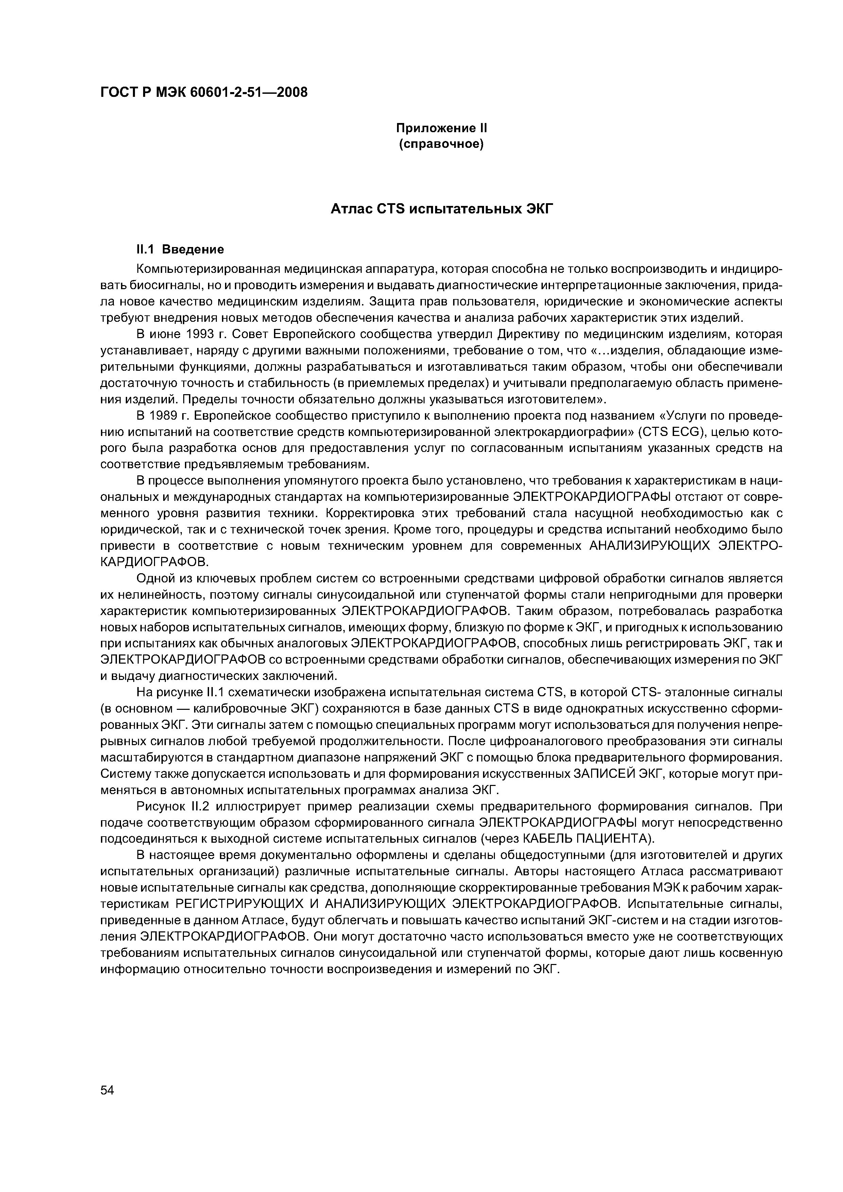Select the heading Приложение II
tap(441, 128)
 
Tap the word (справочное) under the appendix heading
tap(441, 144)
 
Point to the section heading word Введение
tap(193, 250)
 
